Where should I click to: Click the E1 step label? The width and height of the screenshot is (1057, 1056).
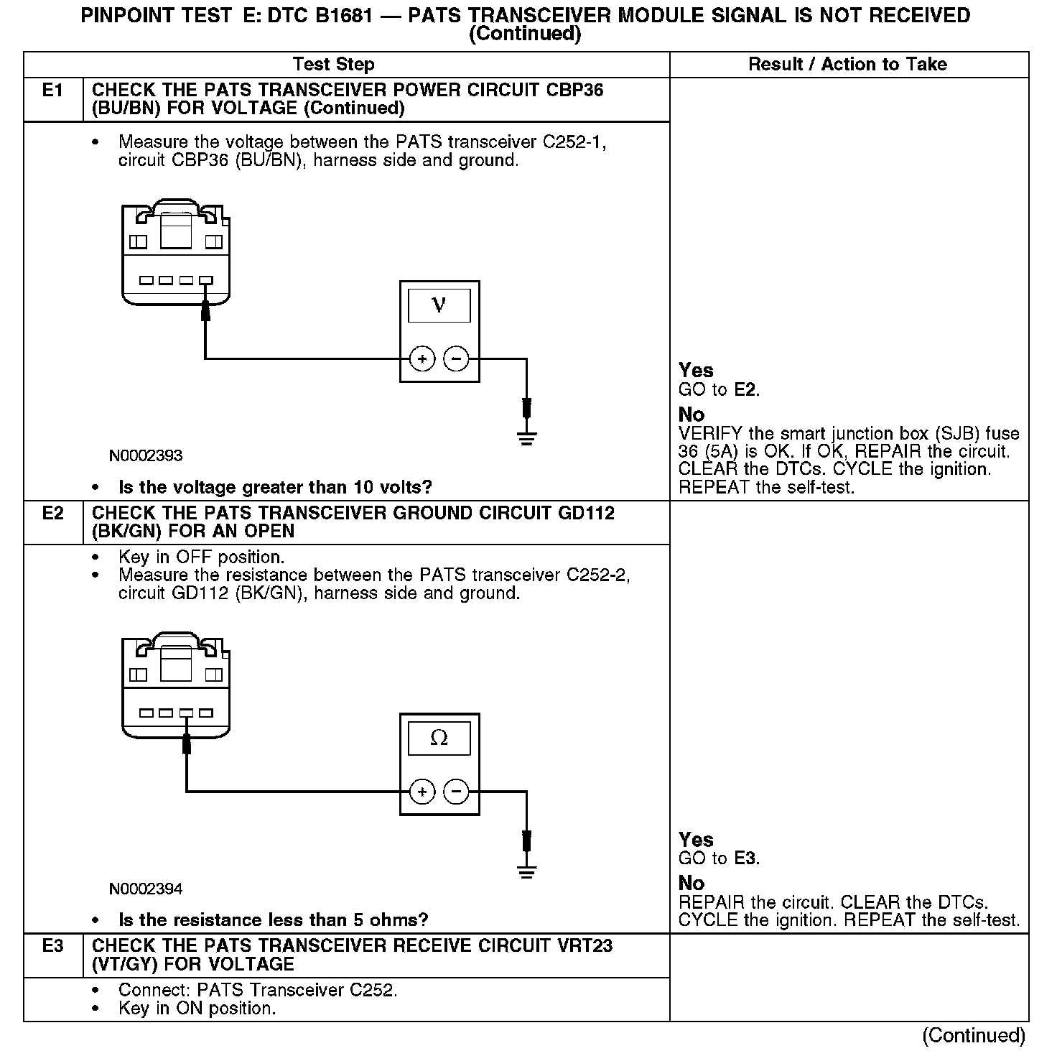52,91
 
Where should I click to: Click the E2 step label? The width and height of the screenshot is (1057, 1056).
52,514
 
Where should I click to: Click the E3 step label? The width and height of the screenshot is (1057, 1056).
52,946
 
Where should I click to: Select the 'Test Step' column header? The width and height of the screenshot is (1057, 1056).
334,65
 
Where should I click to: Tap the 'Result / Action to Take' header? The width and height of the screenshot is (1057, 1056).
847,65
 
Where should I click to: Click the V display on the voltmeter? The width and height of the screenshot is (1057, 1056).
439,305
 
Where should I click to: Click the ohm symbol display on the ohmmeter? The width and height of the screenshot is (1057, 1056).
439,738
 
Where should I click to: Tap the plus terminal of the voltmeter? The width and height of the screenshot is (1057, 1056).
422,358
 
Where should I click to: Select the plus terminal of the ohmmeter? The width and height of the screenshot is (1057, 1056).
422,792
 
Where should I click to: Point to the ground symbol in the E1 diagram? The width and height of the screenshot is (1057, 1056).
527,439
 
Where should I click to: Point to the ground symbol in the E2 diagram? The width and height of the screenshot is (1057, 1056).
527,872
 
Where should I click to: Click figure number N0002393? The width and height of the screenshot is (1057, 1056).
146,456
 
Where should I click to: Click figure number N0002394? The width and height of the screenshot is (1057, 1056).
146,889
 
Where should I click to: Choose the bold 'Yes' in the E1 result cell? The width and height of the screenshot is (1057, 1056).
696,371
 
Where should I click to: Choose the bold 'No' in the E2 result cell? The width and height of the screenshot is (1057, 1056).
692,883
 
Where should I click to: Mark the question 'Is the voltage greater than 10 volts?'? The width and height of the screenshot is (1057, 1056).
275,488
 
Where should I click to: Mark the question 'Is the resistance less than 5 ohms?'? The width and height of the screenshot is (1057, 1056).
273,920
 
